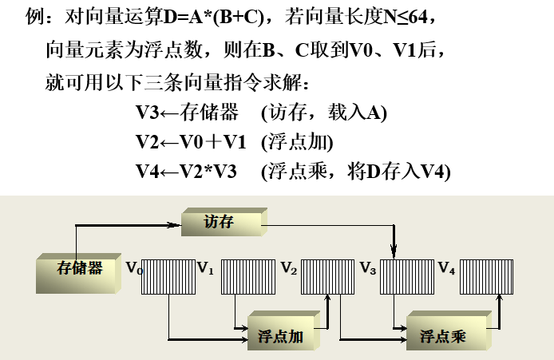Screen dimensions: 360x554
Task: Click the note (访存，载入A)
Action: [323, 113]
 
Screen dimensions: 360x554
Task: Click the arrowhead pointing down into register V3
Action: [393, 253]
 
